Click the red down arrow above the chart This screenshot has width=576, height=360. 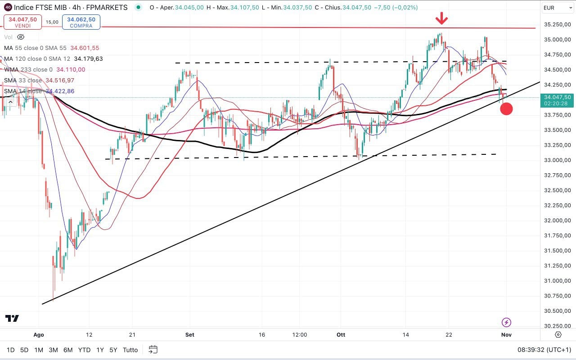(442, 18)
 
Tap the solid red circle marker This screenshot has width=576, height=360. (506, 108)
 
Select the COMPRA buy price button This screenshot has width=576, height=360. (81, 22)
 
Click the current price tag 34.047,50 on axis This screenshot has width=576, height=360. (558, 97)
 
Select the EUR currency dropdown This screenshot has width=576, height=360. (554, 8)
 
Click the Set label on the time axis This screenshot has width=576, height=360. (189, 335)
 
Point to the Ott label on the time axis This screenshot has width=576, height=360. (340, 335)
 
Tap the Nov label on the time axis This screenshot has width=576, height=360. (507, 335)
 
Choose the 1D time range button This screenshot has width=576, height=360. (10, 350)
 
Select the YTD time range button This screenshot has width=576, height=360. (84, 350)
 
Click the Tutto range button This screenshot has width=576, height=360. (130, 350)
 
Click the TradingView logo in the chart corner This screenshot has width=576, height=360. (12, 319)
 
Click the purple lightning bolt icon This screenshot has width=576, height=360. (506, 322)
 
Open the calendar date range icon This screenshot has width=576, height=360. (153, 350)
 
